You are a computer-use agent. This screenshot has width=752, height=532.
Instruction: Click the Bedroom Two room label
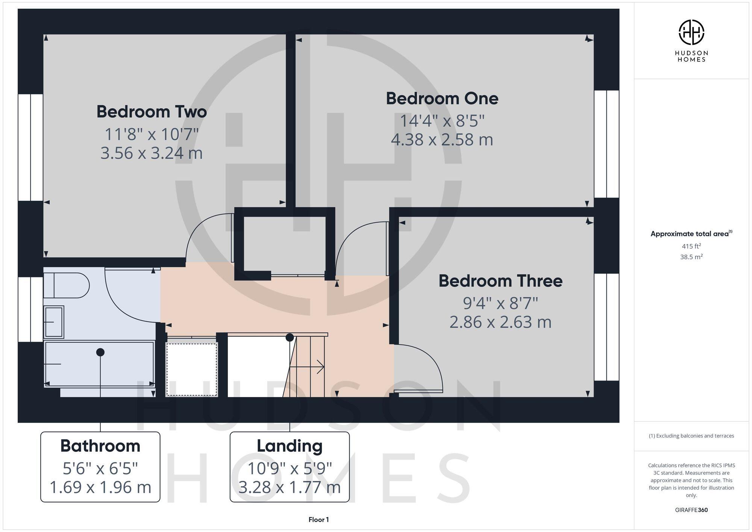point(152,112)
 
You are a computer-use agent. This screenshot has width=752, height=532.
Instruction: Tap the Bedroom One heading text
point(442,99)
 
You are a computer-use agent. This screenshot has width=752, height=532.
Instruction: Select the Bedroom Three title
point(500,281)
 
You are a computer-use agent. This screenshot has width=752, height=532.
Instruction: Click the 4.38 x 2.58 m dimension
point(442,140)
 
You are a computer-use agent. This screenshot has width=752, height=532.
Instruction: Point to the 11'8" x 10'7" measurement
point(152,134)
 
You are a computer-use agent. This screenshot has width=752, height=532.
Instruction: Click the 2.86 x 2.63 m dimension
point(500,322)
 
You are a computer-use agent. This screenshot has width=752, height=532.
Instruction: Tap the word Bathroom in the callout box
point(100,446)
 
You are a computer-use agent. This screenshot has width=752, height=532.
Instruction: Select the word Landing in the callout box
point(290,446)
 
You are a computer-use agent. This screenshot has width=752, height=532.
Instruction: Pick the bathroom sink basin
point(54,322)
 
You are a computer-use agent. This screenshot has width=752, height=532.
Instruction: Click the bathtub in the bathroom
point(100,364)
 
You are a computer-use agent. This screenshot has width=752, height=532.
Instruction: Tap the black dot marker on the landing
point(290,338)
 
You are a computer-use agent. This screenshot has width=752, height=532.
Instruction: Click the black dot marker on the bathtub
point(100,352)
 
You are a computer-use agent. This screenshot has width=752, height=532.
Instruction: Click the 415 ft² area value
point(691,246)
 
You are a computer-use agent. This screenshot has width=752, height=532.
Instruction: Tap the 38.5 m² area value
point(691,257)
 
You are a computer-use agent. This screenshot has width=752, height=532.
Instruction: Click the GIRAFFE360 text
point(691,510)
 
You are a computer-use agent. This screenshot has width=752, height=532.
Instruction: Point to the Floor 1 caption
point(318,520)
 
